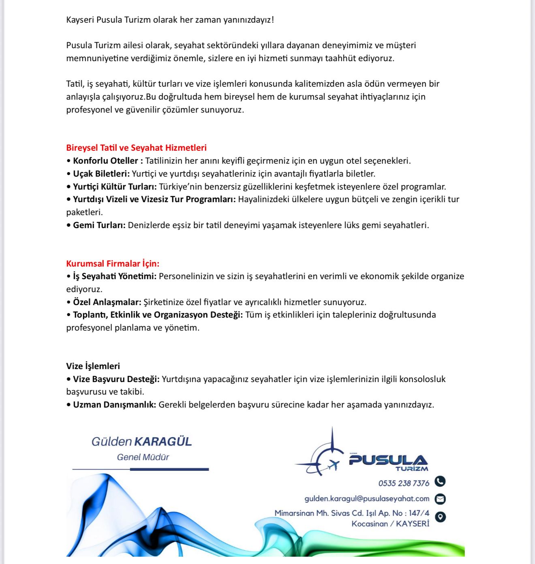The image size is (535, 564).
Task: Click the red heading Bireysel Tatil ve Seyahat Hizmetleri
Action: click(136, 148)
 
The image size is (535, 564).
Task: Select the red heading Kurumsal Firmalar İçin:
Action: click(113, 264)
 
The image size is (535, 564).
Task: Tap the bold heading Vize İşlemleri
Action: click(93, 366)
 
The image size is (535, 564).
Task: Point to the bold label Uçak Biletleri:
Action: click(101, 174)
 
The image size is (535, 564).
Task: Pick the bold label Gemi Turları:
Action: click(99, 225)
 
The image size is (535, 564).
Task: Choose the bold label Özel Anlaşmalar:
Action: click(107, 302)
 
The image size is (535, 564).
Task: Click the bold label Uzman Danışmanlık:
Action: click(114, 405)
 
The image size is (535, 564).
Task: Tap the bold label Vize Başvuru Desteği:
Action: click(116, 379)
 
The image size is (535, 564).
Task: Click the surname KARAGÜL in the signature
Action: click(163, 441)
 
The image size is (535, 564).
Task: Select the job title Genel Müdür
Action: click(143, 457)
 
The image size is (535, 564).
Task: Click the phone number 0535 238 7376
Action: click(404, 483)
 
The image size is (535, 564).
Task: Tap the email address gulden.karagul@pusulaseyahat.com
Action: click(367, 498)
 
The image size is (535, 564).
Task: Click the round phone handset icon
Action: click(440, 481)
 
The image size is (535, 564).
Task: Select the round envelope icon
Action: click(440, 499)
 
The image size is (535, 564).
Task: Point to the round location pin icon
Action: click(440, 517)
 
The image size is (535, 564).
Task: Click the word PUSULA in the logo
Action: click(388, 460)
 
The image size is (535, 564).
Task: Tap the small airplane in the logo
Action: click(333, 465)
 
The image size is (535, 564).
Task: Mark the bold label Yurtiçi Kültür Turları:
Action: click(115, 187)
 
